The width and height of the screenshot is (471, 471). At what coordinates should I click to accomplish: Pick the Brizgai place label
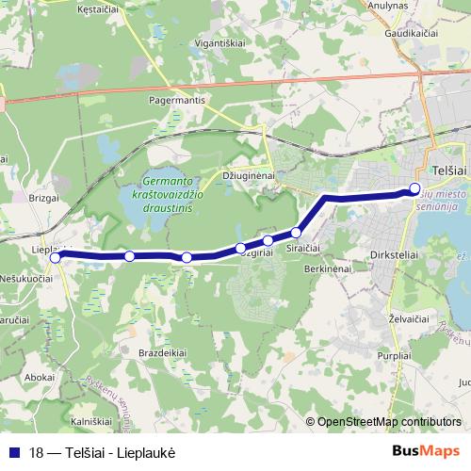tap(44, 200)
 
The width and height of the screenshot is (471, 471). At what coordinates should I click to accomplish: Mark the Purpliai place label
tap(394, 356)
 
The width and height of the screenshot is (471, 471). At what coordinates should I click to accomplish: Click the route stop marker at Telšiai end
tap(414, 188)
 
